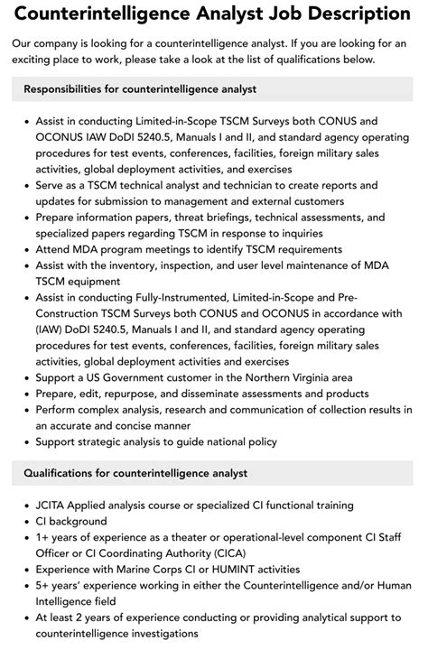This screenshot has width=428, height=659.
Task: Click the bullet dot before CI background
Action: tap(25, 522)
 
